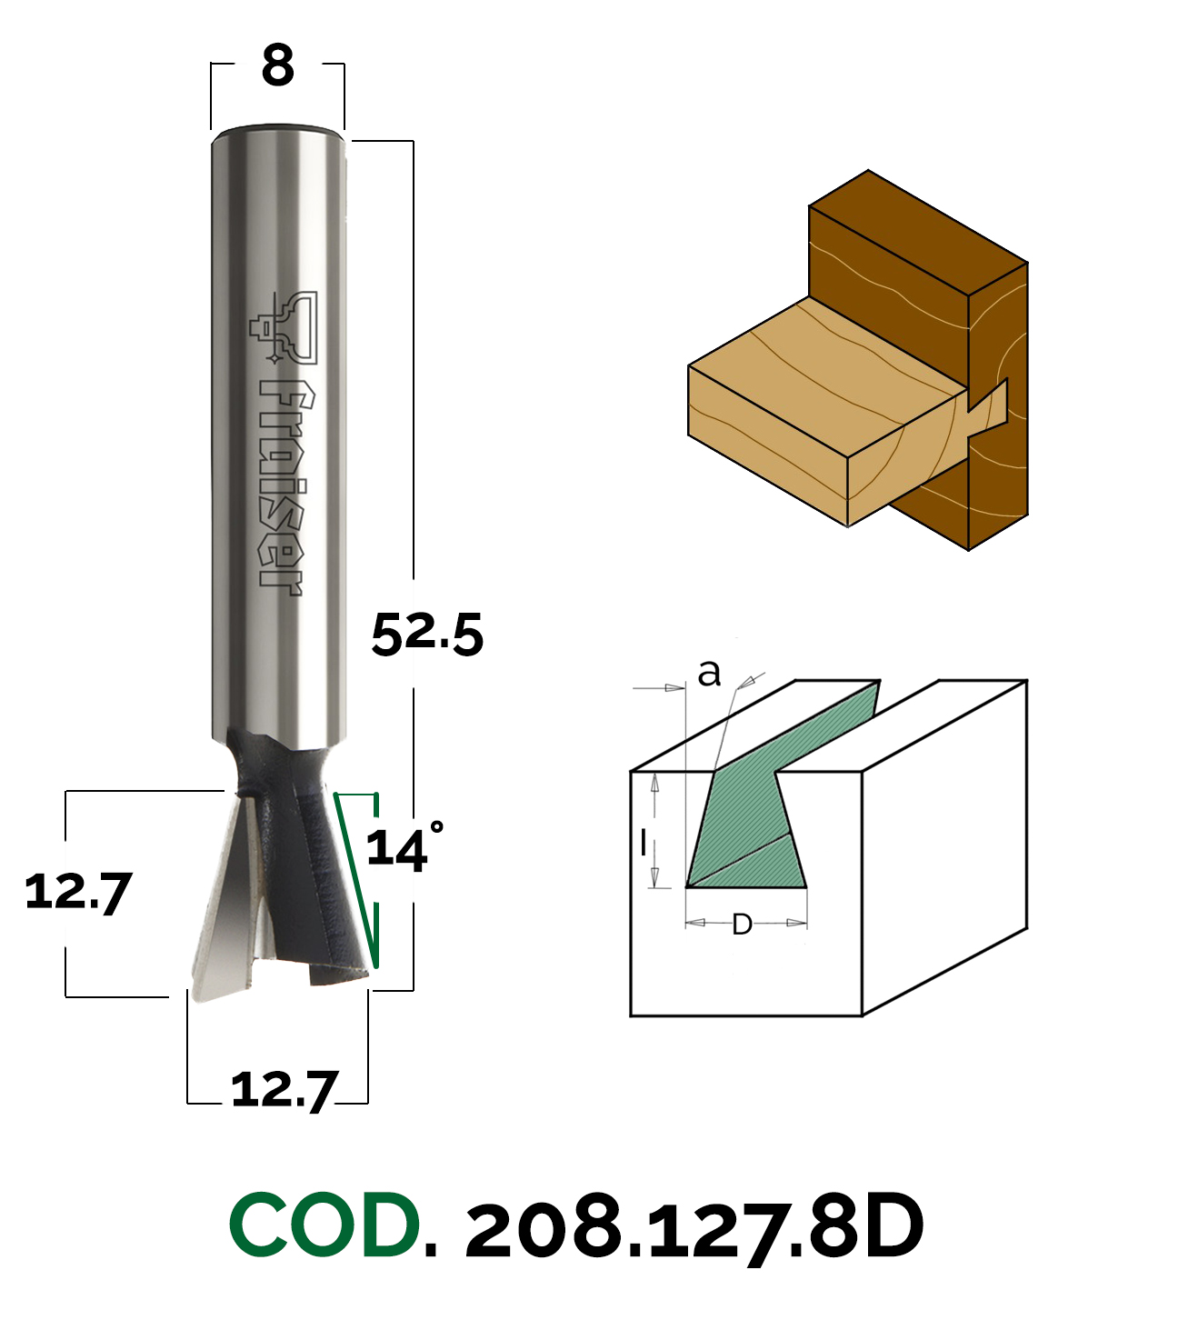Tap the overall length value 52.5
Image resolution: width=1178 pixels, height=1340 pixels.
(x=427, y=634)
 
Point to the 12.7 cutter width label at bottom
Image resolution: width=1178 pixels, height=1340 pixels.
(x=285, y=1089)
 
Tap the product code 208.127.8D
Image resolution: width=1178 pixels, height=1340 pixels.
(x=694, y=1226)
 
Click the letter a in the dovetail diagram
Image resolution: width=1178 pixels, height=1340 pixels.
(x=709, y=673)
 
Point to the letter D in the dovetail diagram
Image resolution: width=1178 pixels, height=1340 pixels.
(x=742, y=925)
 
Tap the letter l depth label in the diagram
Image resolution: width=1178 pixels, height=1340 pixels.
(x=644, y=844)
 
